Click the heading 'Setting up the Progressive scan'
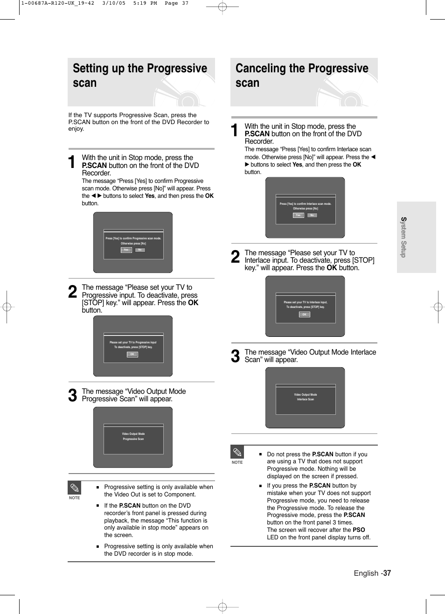pyautogui.click(x=139, y=76)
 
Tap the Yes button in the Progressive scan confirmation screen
pyautogui.click(x=126, y=250)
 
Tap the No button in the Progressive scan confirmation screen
pyautogui.click(x=139, y=250)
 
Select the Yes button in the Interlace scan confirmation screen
pyautogui.click(x=298, y=216)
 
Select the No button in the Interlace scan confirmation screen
pyautogui.click(x=312, y=216)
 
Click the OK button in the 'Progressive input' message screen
pyautogui.click(x=132, y=355)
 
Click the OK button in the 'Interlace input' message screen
pyautogui.click(x=305, y=315)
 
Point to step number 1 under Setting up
pyautogui.click(x=72, y=162)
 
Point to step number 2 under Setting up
pyautogui.click(x=72, y=292)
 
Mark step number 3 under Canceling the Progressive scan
pyautogui.click(x=236, y=356)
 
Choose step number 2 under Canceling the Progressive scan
pyautogui.click(x=236, y=257)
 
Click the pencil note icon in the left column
pyautogui.click(x=75, y=488)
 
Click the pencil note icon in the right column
pyautogui.click(x=237, y=452)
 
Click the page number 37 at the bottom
pyautogui.click(x=387, y=573)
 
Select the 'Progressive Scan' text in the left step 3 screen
pyautogui.click(x=133, y=439)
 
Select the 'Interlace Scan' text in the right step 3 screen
pyautogui.click(x=306, y=399)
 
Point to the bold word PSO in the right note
pyautogui.click(x=359, y=530)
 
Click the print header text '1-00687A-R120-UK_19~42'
pyautogui.click(x=57, y=3)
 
